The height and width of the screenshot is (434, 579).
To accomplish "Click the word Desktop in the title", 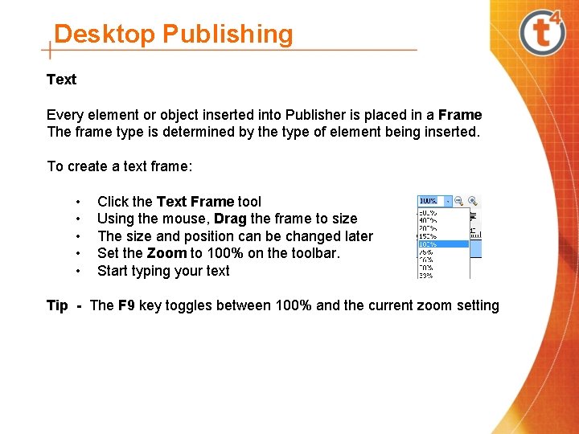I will pos(105,35).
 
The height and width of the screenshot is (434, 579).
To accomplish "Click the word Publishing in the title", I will pos(228,35).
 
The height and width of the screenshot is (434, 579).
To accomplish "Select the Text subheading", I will pos(61,80).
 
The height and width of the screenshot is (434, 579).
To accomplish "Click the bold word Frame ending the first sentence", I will pos(460,115).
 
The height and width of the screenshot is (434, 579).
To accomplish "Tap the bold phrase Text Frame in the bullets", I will pos(195,202).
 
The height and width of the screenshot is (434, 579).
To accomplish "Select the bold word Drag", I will pos(231,219).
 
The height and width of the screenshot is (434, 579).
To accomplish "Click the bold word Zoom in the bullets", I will pos(166,253).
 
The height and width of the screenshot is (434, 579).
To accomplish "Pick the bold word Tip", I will pos(57,305).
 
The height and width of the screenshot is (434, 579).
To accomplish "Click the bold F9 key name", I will pos(126,305).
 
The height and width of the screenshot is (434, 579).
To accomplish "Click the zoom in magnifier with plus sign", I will pos(473,201).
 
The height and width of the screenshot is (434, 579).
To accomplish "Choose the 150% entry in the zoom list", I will pos(427,235).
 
